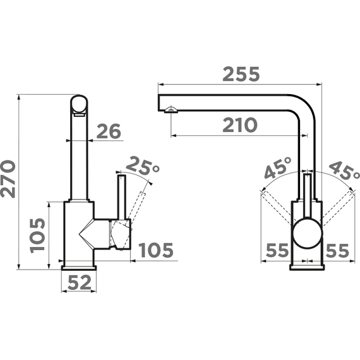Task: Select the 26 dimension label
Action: tap(108, 131)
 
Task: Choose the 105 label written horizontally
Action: tap(155, 251)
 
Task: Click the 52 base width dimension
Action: tap(79, 284)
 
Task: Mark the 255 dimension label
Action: tap(240, 75)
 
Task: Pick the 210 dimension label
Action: tap(240, 126)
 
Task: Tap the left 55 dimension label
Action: tap(277, 251)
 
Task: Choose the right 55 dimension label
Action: tap(337, 251)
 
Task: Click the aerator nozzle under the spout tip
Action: tap(169, 111)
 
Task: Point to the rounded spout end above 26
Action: tap(79, 105)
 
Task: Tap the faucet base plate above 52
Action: tap(79, 267)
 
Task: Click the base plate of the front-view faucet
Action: tap(307, 266)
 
